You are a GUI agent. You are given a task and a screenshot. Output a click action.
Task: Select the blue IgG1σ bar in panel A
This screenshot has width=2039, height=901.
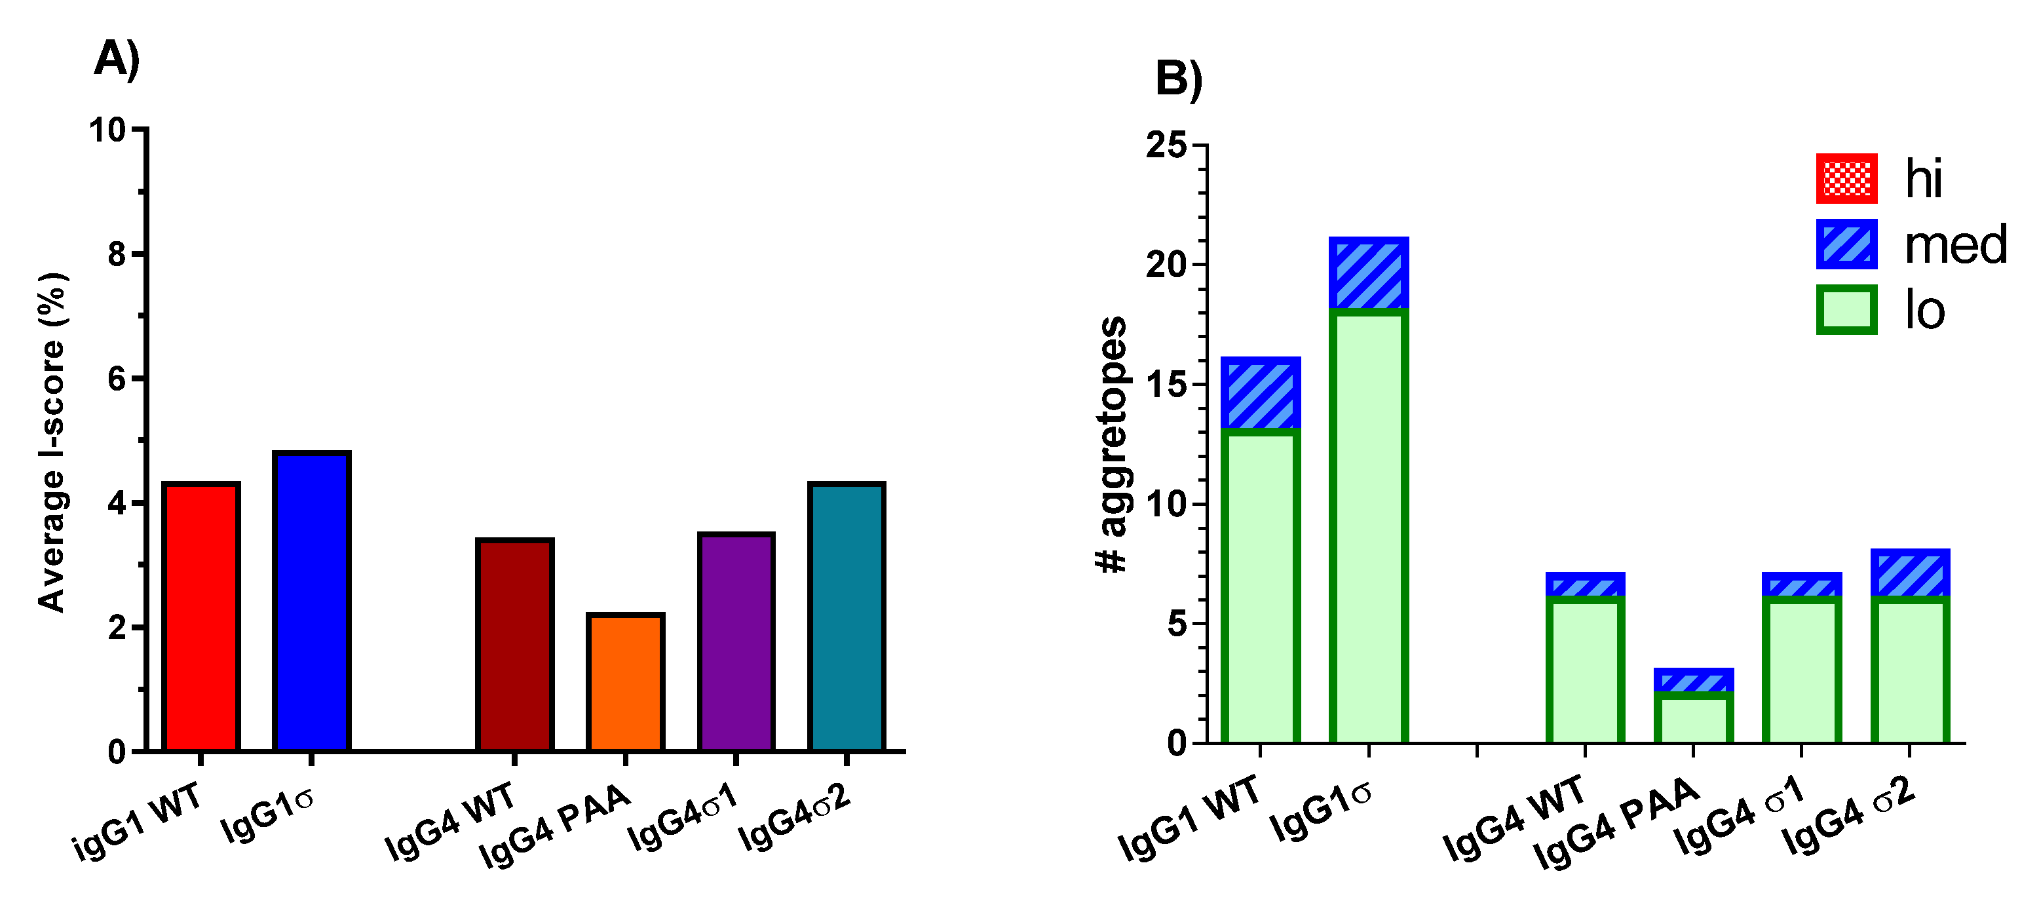click(x=311, y=601)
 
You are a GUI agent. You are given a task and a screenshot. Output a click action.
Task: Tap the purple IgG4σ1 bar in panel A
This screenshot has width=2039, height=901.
click(x=736, y=642)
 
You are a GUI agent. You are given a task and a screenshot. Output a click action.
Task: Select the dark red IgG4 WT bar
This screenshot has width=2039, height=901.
click(x=514, y=645)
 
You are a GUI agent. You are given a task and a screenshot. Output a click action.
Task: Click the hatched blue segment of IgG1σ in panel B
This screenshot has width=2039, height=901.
click(x=1369, y=273)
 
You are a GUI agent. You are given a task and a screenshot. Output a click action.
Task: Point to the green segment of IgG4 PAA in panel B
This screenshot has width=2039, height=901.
click(x=1693, y=718)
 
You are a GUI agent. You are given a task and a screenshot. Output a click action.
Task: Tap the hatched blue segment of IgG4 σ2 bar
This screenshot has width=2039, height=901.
click(x=1910, y=574)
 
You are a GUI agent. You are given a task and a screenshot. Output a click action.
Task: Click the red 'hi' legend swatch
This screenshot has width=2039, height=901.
click(x=1846, y=178)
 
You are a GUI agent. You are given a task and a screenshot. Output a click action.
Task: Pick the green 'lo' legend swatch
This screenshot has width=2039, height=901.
click(x=1846, y=309)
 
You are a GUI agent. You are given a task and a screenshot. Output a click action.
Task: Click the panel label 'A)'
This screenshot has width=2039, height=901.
click(x=117, y=60)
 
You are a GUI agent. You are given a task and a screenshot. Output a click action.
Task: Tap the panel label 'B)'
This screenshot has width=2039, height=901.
click(x=1179, y=79)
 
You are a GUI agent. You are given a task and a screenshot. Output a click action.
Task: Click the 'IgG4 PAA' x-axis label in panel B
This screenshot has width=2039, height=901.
click(x=1614, y=824)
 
